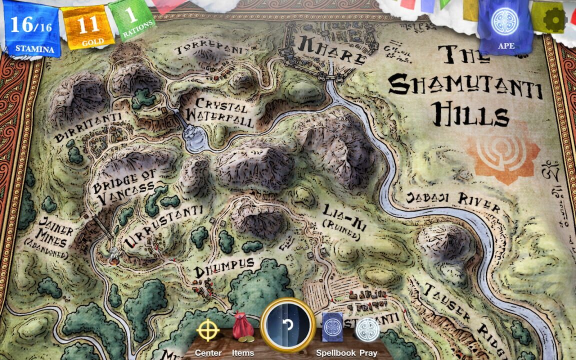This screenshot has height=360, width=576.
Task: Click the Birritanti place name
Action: tap(89, 128)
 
